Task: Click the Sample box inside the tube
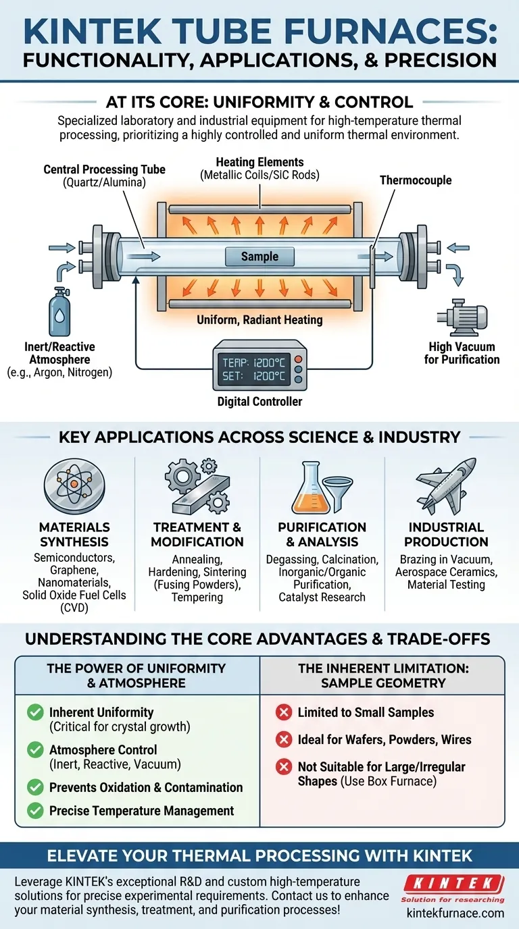pyautogui.click(x=259, y=257)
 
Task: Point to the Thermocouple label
pyautogui.click(x=415, y=180)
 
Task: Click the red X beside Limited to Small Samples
pyautogui.click(x=285, y=712)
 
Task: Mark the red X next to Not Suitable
pyautogui.click(x=285, y=767)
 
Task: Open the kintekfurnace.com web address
pyautogui.click(x=455, y=913)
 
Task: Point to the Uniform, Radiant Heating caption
pyautogui.click(x=259, y=319)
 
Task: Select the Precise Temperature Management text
pyautogui.click(x=141, y=811)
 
